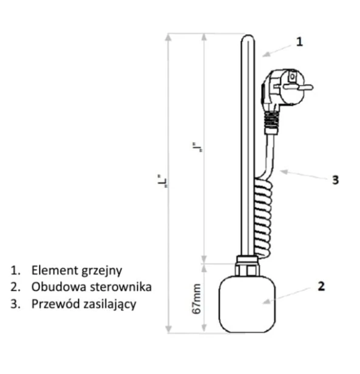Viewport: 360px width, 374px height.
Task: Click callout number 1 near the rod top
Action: (x=299, y=41)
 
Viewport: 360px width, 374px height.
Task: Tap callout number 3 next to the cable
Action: (x=335, y=180)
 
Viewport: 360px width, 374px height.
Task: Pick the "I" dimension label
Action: (x=200, y=145)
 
